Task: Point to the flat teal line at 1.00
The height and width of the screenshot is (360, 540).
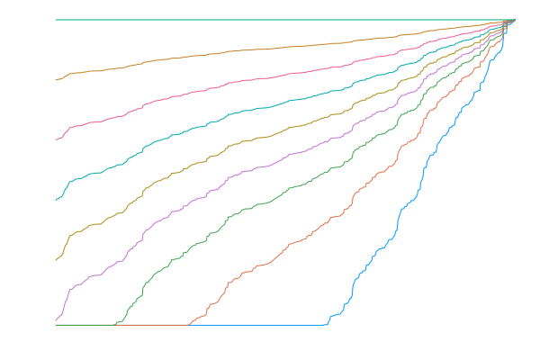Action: pos(270,20)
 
